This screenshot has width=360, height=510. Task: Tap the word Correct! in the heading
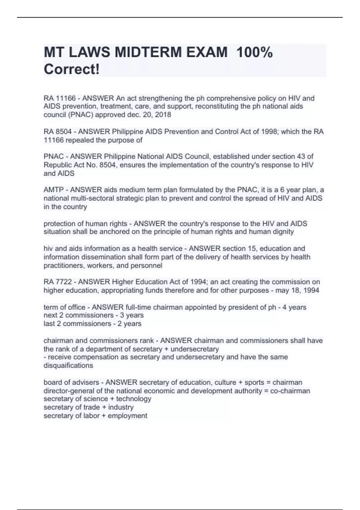point(71,70)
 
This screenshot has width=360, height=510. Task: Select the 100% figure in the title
point(254,53)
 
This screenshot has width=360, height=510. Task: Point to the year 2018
point(163,115)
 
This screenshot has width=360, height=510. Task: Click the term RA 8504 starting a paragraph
point(58,132)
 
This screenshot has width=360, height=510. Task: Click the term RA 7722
point(58,282)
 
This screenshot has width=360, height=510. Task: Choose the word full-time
point(139,307)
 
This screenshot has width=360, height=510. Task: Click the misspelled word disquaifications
point(68,366)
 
